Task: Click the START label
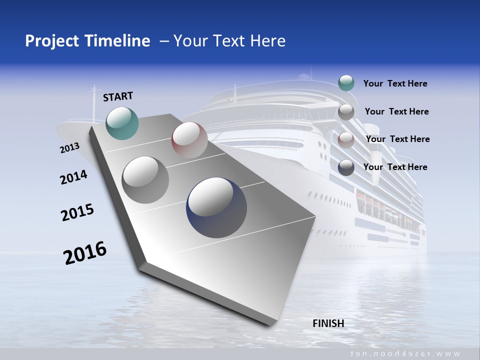118,96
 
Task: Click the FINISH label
328,323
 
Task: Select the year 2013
69,148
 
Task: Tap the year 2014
73,177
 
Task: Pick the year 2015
77,212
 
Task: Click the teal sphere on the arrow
122,123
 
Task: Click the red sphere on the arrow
189,140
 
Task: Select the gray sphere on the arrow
145,179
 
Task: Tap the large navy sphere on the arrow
216,207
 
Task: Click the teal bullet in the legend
346,83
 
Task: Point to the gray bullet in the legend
346,111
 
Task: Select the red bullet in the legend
346,139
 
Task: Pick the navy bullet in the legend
346,167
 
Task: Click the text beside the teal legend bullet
395,83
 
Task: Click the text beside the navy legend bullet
395,167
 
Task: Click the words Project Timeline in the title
87,41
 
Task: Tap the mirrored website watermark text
405,353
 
